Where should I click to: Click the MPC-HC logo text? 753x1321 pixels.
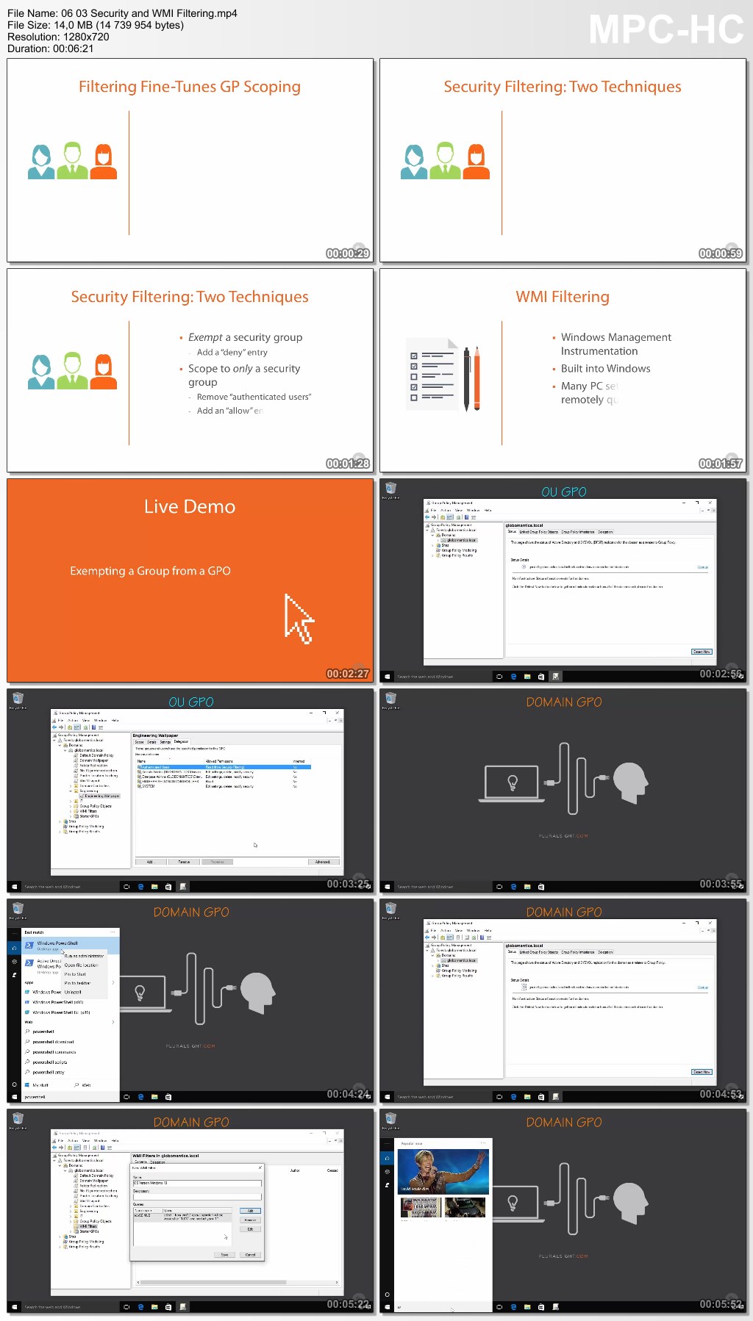click(x=665, y=30)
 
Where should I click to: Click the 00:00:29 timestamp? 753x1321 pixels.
click(x=348, y=253)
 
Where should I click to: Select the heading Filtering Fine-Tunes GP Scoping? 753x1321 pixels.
click(x=190, y=87)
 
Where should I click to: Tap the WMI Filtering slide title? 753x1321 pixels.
click(x=563, y=297)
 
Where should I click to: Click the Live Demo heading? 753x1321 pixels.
click(x=190, y=507)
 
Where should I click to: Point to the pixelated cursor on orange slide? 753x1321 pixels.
click(x=298, y=619)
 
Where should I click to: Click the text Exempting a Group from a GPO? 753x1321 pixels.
click(x=150, y=571)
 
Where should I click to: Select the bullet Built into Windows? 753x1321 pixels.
click(x=605, y=369)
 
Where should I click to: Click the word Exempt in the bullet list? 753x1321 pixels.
click(x=205, y=337)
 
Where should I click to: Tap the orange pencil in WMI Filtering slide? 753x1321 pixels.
click(x=477, y=378)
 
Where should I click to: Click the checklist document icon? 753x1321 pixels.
click(x=432, y=374)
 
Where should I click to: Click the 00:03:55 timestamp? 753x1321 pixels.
click(x=721, y=884)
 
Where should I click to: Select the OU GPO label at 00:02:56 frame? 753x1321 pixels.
click(x=564, y=492)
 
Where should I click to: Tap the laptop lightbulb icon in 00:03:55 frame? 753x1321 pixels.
click(x=513, y=783)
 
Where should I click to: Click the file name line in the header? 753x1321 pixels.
click(x=122, y=13)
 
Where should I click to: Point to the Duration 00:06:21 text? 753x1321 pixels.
click(x=51, y=48)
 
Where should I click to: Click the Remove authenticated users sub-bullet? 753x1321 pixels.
click(x=254, y=397)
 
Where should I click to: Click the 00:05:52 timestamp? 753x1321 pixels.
click(x=721, y=1304)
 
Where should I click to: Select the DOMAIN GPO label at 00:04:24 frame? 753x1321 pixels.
click(x=191, y=913)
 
